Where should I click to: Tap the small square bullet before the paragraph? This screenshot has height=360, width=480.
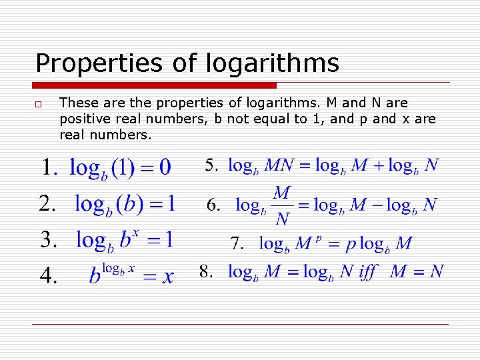click(40, 104)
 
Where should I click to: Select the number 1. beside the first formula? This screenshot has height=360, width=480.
click(50, 168)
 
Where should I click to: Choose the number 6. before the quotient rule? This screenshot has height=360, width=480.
click(214, 205)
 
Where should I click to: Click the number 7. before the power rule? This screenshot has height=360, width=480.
click(238, 243)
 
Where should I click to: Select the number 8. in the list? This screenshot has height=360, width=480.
click(207, 271)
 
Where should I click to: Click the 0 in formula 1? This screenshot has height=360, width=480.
click(165, 167)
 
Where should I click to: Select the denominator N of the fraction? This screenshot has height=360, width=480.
click(282, 219)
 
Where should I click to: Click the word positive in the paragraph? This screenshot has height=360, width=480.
click(81, 119)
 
